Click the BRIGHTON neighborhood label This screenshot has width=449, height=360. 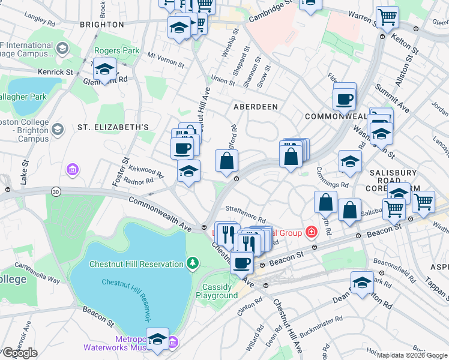click(101, 25)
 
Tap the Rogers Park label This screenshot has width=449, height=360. click(116, 51)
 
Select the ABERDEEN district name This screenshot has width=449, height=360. click(256, 106)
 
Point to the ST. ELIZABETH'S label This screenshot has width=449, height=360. click(113, 127)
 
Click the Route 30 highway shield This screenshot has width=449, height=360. click(56, 191)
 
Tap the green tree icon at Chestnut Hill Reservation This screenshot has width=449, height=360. click(192, 262)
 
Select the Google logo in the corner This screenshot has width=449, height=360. click(20, 353)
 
